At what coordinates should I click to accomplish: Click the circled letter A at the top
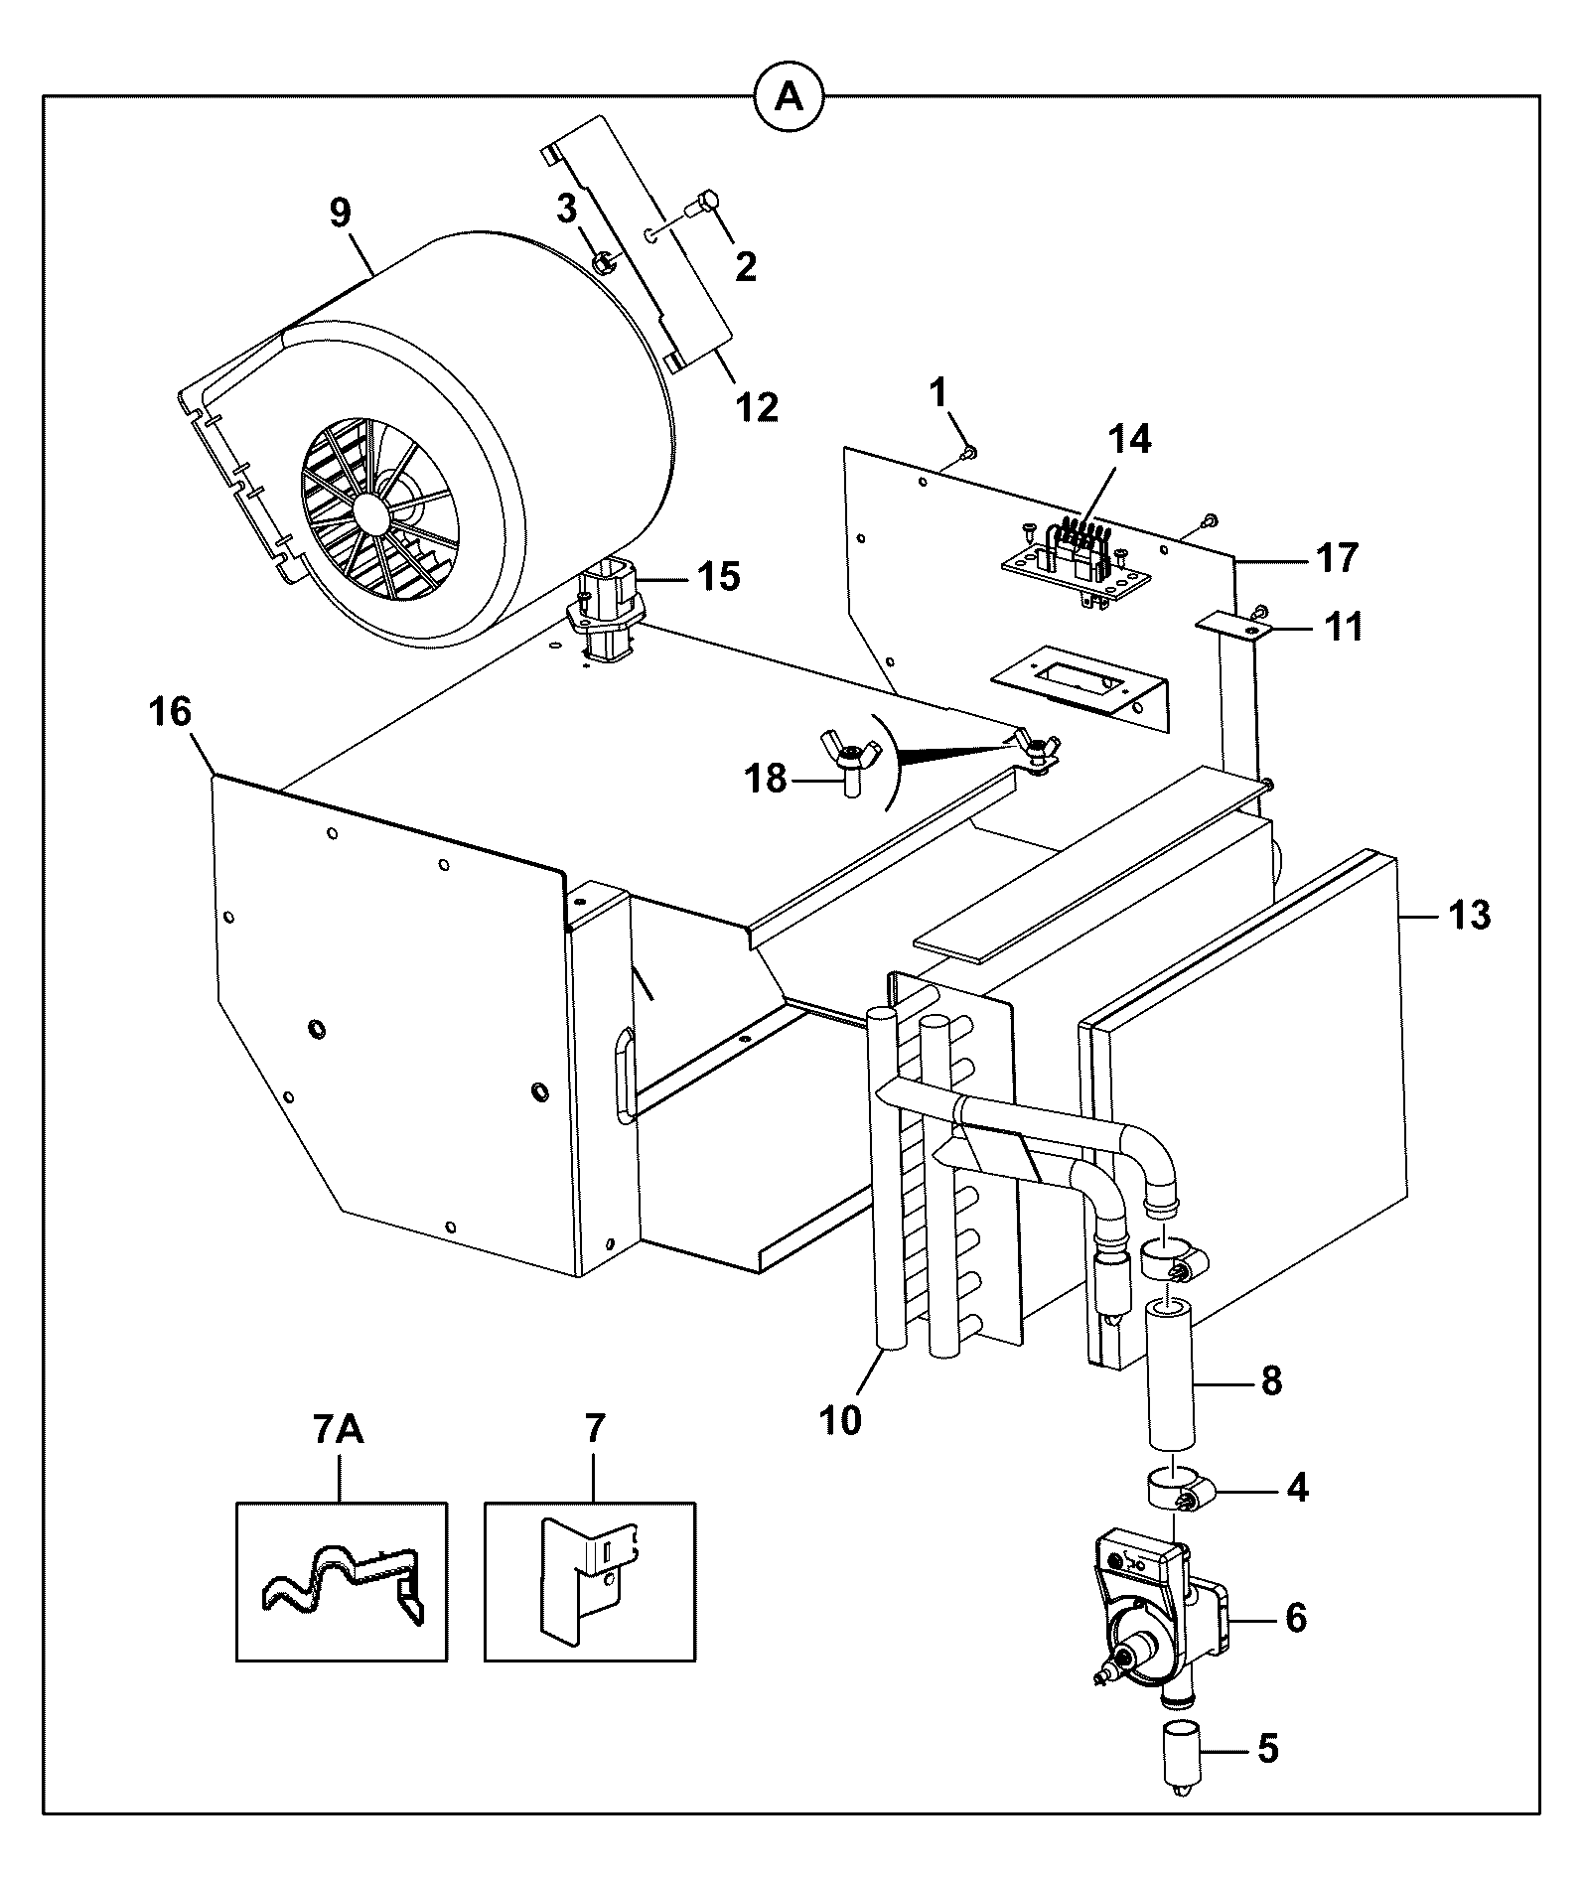(790, 96)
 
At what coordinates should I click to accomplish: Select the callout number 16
(171, 712)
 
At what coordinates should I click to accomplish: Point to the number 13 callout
(1468, 915)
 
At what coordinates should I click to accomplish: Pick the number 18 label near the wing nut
(766, 779)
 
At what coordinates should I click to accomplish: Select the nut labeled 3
(602, 262)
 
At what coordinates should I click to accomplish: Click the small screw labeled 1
(969, 453)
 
